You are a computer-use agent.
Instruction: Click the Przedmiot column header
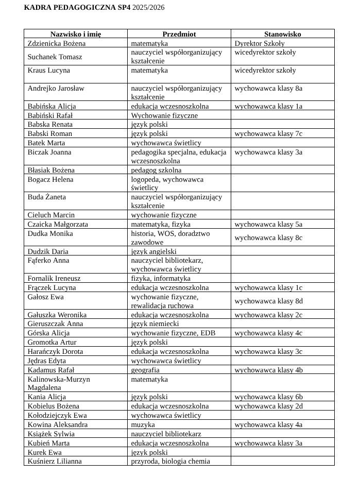pyautogui.click(x=179, y=34)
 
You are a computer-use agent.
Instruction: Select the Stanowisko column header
pyautogui.click(x=282, y=34)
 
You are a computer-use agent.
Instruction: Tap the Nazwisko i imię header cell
pyautogui.click(x=76, y=34)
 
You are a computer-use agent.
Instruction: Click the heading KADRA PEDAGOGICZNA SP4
pyautogui.click(x=77, y=8)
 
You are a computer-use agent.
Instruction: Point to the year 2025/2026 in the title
pyautogui.click(x=148, y=8)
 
